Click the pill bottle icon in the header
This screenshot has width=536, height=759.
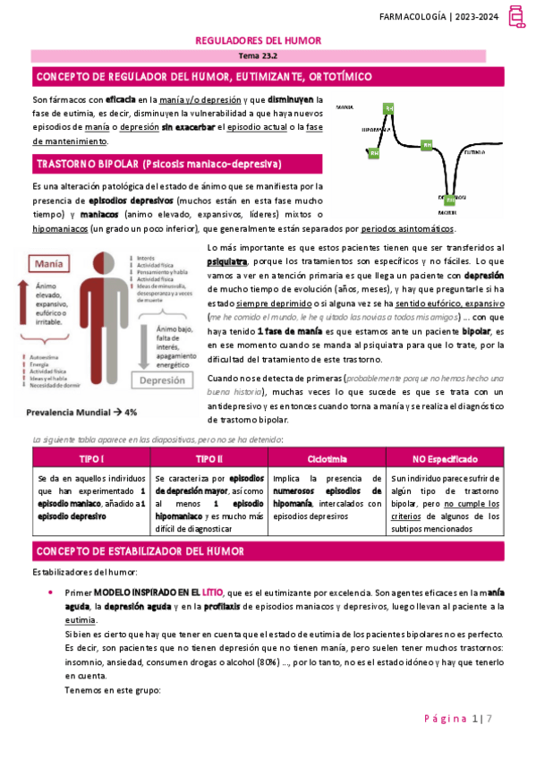[x=516, y=16]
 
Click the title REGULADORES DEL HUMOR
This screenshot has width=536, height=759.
[x=258, y=41]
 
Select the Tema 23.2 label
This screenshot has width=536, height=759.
[x=258, y=56]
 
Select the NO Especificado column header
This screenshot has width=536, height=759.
[x=444, y=458]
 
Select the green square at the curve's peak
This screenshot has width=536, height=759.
[x=388, y=109]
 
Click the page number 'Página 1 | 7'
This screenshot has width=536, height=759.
[x=467, y=718]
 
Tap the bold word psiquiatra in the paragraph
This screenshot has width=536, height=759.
[x=227, y=263]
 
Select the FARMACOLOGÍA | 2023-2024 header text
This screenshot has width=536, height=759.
[x=450, y=16]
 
